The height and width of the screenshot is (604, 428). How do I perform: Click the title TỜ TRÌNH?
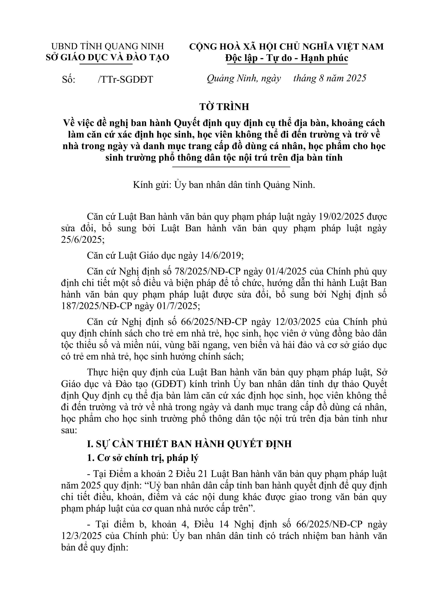(x=224, y=107)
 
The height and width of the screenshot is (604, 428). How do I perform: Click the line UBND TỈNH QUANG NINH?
(x=108, y=46)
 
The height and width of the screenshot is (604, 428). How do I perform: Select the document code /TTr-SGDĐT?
(x=125, y=79)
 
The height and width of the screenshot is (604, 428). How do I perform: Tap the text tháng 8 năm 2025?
(x=330, y=78)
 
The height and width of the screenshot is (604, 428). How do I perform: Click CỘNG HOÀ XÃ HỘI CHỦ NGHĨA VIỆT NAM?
(x=286, y=46)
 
